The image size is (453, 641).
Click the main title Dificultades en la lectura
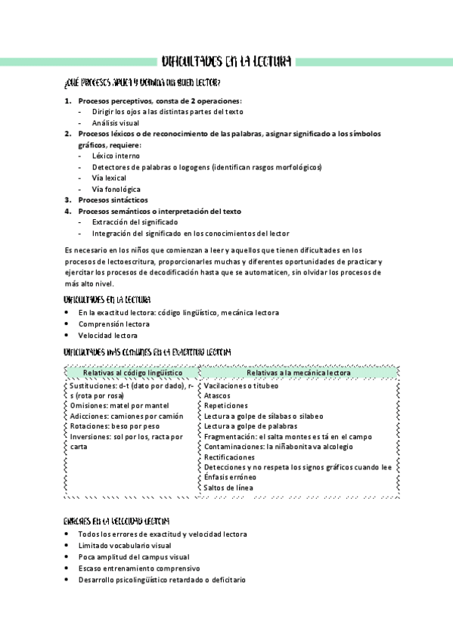point(227,61)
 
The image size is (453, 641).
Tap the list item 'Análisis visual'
point(116,122)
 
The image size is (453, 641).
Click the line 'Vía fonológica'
point(116,189)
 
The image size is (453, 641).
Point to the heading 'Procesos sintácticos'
point(113,200)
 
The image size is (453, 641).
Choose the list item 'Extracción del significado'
point(135,222)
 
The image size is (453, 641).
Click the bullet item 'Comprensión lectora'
point(113,324)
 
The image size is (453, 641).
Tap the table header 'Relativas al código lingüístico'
point(132,373)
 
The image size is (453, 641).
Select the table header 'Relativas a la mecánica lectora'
point(299,373)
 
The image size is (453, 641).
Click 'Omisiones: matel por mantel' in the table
point(119,406)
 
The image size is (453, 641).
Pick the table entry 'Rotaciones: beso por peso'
point(114,426)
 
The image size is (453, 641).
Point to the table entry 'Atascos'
point(217,395)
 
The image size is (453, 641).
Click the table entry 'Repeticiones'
point(225,406)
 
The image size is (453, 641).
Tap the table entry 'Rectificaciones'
point(229,457)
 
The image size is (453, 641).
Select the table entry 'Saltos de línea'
point(228,488)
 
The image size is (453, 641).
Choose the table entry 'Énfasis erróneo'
point(231,478)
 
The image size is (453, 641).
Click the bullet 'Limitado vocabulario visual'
point(124,545)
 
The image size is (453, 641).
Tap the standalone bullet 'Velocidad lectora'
point(107,335)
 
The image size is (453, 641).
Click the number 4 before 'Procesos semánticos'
point(67,211)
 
